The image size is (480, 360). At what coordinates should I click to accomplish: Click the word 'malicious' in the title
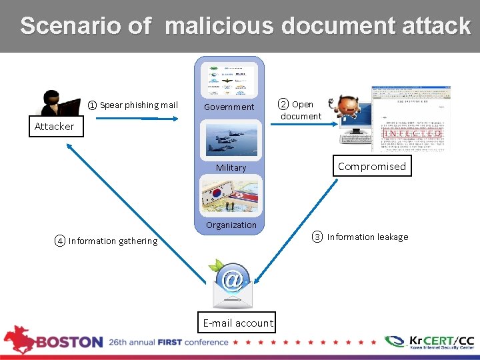[219, 26]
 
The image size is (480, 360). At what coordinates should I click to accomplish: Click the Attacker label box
[54, 127]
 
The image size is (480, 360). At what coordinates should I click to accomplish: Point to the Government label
[229, 107]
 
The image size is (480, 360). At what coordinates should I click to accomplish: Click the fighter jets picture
[231, 139]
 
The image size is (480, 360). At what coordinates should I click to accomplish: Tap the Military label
[231, 168]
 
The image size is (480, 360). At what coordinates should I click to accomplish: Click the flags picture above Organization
[231, 197]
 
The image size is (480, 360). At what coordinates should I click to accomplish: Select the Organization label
[231, 225]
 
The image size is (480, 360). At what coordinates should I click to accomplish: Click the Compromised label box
[371, 167]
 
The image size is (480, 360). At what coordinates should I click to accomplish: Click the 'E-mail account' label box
[238, 323]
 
